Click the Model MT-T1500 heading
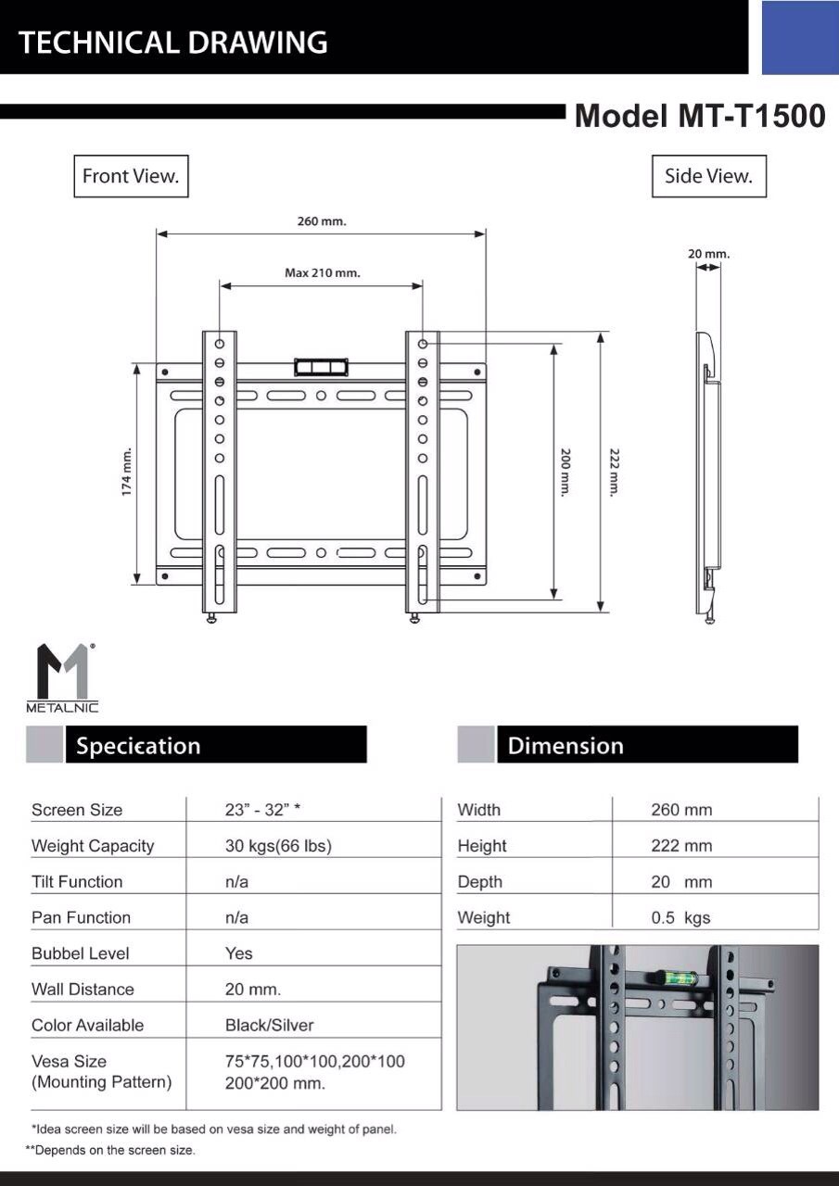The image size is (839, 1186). [699, 116]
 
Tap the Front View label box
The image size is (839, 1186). [131, 176]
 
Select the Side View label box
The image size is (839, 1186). [708, 176]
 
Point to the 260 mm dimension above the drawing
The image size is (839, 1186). [322, 221]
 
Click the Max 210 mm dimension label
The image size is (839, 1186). [322, 273]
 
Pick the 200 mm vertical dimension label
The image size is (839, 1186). [566, 473]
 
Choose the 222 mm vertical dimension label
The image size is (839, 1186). [614, 473]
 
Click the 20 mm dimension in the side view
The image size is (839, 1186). [709, 254]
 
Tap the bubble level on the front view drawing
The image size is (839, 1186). [320, 366]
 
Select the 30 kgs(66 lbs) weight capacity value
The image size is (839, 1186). [278, 845]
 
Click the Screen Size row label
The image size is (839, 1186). [77, 810]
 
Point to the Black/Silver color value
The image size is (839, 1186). [269, 1025]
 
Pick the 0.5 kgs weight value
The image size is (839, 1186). [680, 917]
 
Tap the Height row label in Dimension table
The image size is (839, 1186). [482, 846]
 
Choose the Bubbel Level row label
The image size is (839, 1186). [81, 953]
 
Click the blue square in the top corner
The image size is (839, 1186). [799, 37]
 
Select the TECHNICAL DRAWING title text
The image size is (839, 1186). [173, 43]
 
